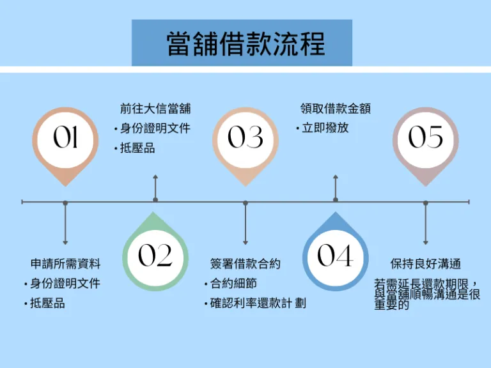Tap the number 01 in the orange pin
tap(65, 137)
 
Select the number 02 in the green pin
tap(155, 256)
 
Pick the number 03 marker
tap(245, 137)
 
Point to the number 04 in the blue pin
tap(335, 256)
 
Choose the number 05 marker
tap(426, 137)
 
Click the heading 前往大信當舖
tap(155, 109)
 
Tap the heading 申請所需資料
tap(65, 263)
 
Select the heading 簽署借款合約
tap(245, 263)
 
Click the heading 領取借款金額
tap(335, 109)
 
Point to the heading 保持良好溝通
tap(426, 263)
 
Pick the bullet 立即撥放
tap(325, 128)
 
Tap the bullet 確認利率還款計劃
tap(258, 303)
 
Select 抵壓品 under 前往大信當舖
tap(137, 148)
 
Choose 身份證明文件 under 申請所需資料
tap(65, 283)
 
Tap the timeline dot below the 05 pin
tap(426, 203)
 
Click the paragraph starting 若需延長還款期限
tap(426, 294)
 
